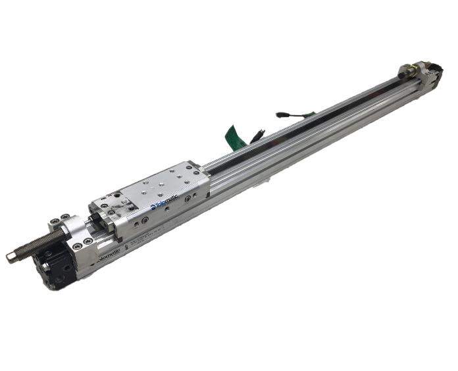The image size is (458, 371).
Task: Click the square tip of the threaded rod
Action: pos(11,257)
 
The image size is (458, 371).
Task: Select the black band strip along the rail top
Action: pos(316,118)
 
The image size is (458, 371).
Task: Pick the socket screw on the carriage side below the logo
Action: pos(164,214)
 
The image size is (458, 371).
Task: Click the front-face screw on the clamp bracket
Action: pos(78,245)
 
